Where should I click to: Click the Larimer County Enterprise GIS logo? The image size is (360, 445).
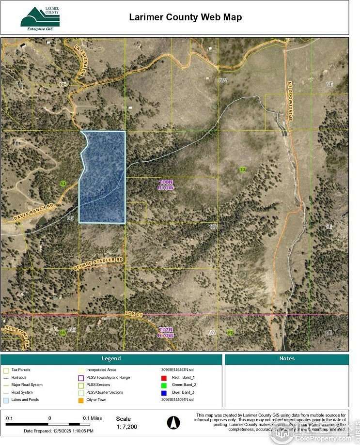click(x=40, y=18)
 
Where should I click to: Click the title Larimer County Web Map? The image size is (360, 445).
click(x=185, y=17)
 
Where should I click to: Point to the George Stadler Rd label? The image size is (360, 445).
click(x=99, y=263)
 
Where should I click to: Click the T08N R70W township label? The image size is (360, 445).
click(x=165, y=184)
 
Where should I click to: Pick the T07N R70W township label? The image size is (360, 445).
click(x=166, y=333)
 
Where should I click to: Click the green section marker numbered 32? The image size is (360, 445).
click(x=243, y=169)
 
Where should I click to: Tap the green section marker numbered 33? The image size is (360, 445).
click(x=63, y=183)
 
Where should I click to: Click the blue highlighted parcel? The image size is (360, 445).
click(x=103, y=177)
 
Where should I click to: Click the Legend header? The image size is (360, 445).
click(x=111, y=359)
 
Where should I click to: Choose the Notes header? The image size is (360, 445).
click(x=287, y=359)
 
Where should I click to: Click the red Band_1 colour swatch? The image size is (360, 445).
click(x=164, y=377)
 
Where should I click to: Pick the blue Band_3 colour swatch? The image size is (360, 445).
click(x=164, y=392)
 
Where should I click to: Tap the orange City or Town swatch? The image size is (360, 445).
click(x=81, y=400)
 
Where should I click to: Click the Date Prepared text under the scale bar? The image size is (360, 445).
click(x=59, y=430)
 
